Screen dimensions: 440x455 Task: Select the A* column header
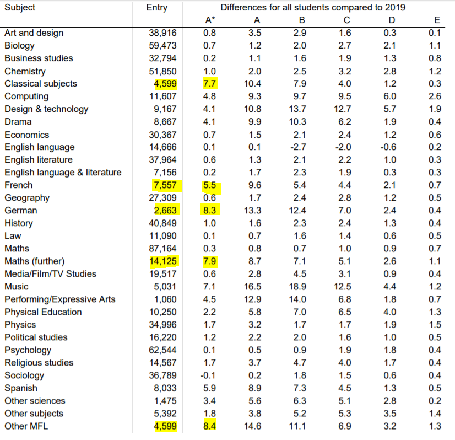click(209, 20)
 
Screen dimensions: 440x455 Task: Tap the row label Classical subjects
click(41, 84)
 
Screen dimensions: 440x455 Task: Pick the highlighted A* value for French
click(209, 185)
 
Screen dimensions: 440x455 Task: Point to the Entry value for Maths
click(163, 249)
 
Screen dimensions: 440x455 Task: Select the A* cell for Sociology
click(209, 375)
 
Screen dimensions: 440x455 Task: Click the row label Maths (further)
click(34, 261)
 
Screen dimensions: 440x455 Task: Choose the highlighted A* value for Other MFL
click(209, 426)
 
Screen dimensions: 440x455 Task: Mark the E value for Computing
click(434, 96)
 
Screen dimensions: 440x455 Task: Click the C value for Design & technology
click(343, 109)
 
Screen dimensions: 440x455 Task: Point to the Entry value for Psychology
click(163, 350)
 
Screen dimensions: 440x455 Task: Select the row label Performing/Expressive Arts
click(60, 299)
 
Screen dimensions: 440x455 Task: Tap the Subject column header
click(20, 8)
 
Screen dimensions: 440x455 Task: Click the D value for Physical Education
click(389, 312)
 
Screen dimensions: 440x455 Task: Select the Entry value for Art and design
click(163, 33)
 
